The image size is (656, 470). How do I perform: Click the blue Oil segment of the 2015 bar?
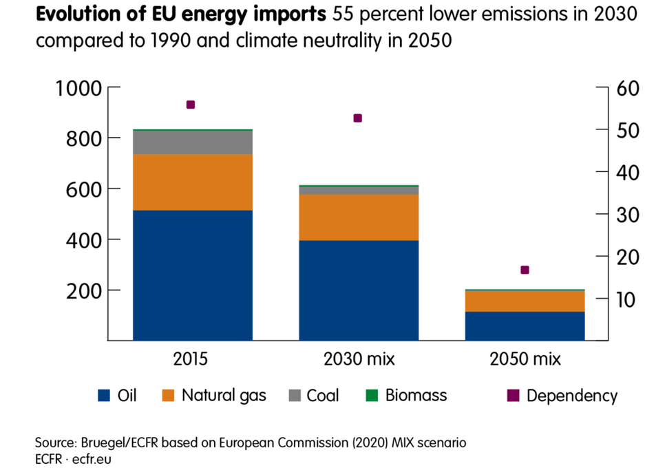pyautogui.click(x=192, y=275)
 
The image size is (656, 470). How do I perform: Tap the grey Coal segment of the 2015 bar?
pyautogui.click(x=192, y=142)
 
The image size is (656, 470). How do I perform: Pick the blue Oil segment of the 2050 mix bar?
pyautogui.click(x=525, y=326)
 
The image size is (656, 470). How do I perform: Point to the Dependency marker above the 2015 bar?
pyautogui.click(x=191, y=105)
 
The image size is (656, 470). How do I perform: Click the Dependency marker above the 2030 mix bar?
pyautogui.click(x=357, y=118)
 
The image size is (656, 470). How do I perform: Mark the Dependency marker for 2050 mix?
pyautogui.click(x=525, y=270)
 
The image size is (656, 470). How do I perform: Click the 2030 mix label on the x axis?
pyautogui.click(x=359, y=359)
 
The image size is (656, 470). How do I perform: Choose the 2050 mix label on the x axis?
pyautogui.click(x=525, y=359)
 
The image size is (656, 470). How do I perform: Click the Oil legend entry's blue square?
pyautogui.click(x=104, y=396)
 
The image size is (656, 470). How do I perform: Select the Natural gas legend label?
pyautogui.click(x=224, y=396)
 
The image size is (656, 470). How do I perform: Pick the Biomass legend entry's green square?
pyautogui.click(x=372, y=396)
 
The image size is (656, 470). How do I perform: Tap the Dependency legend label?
pyautogui.click(x=571, y=396)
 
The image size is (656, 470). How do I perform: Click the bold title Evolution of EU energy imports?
pyautogui.click(x=181, y=15)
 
